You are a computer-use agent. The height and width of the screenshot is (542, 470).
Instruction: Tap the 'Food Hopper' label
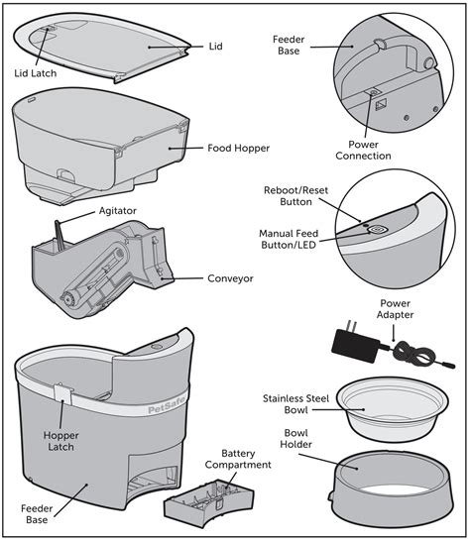240,150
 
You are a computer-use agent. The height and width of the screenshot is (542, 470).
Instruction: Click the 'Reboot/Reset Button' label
295,195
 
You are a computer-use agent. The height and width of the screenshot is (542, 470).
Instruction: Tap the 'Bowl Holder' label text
295,439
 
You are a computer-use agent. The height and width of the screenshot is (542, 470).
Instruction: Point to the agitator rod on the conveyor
59,234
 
